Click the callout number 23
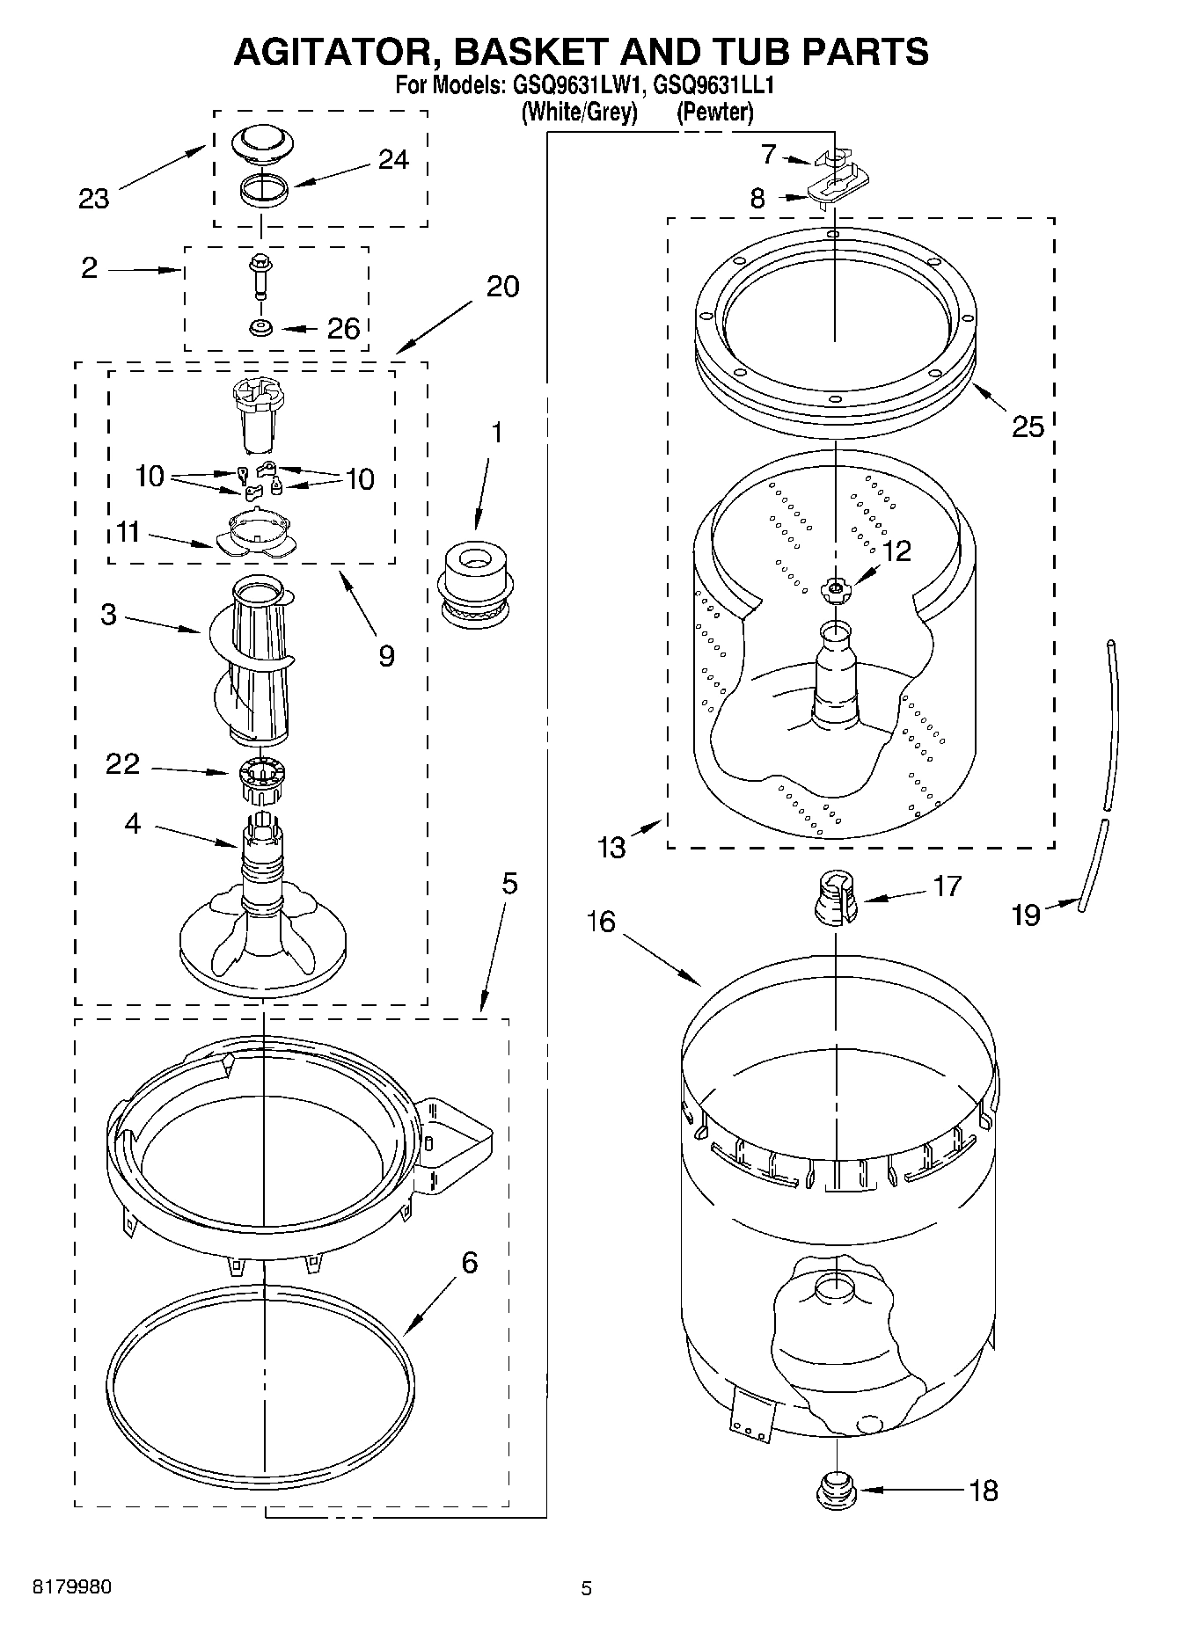click(93, 199)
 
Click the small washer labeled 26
click(260, 328)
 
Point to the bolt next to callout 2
click(260, 276)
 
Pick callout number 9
click(386, 656)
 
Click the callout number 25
click(1028, 427)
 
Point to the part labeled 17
click(836, 899)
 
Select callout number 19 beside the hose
click(1026, 915)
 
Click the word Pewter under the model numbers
click(714, 113)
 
